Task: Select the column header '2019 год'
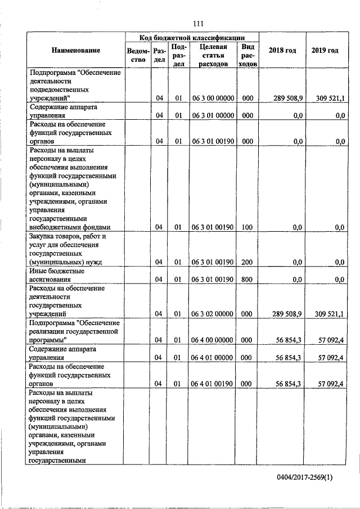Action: click(325, 51)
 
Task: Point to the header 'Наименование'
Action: click(76, 51)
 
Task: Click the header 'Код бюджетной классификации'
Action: click(192, 37)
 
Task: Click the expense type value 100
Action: click(247, 227)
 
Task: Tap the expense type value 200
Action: click(247, 262)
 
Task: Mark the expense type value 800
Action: click(247, 279)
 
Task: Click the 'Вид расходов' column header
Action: click(247, 55)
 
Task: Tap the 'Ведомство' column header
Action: click(138, 55)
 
